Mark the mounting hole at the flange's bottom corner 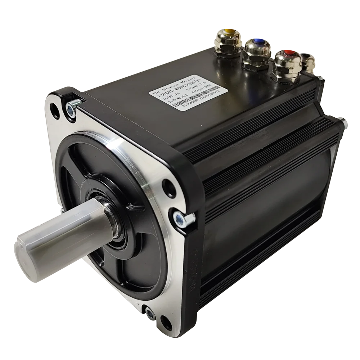tap(165, 320)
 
